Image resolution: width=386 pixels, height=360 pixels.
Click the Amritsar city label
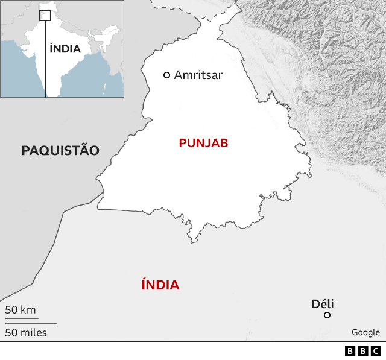(x=198, y=75)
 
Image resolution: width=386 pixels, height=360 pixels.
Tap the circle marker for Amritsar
(x=167, y=75)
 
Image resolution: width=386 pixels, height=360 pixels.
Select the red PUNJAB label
(x=203, y=143)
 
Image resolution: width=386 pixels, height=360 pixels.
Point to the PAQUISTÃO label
(x=60, y=151)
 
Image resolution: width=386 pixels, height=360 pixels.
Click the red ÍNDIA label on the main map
(x=160, y=285)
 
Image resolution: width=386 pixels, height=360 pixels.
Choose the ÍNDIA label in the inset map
(x=65, y=49)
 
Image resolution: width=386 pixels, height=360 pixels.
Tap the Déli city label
(x=323, y=304)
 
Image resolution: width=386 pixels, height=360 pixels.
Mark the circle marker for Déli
(x=327, y=315)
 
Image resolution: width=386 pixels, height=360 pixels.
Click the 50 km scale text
(x=21, y=310)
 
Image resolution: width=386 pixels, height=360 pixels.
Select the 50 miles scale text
(x=26, y=332)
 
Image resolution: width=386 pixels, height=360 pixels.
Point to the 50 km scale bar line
(x=22, y=318)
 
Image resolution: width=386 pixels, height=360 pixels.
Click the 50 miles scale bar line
(x=31, y=324)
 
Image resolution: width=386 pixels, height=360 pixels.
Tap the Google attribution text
(x=365, y=332)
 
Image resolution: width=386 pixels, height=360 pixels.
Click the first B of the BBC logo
(x=350, y=351)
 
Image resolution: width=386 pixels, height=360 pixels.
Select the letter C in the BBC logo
(x=375, y=351)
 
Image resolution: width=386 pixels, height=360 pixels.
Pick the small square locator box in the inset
(x=45, y=16)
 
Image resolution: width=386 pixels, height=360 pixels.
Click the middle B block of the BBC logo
(x=362, y=351)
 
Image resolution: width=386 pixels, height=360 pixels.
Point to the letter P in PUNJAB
(x=182, y=143)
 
